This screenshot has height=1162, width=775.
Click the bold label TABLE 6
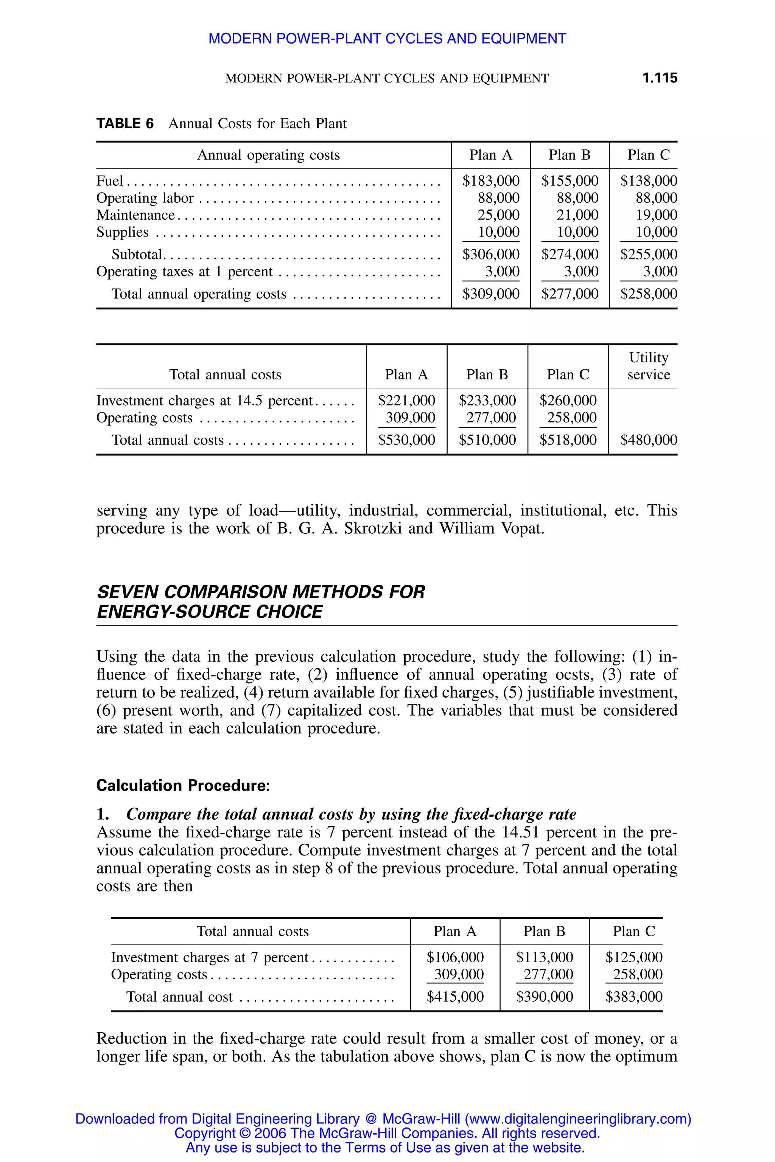pos(125,124)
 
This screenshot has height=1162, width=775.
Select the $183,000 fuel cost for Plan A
pos(490,181)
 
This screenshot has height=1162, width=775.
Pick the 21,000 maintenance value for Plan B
pos(577,215)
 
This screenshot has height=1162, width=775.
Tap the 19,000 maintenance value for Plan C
pos(657,215)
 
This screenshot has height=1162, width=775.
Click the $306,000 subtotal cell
pos(490,255)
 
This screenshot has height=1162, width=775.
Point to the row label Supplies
pos(122,232)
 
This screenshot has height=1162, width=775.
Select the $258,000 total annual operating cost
pos(649,294)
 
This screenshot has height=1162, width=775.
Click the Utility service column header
pos(649,366)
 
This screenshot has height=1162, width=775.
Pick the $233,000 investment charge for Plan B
pos(487,400)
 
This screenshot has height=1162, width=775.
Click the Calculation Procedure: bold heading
pos(183,786)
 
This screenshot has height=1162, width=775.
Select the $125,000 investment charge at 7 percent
pos(633,957)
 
